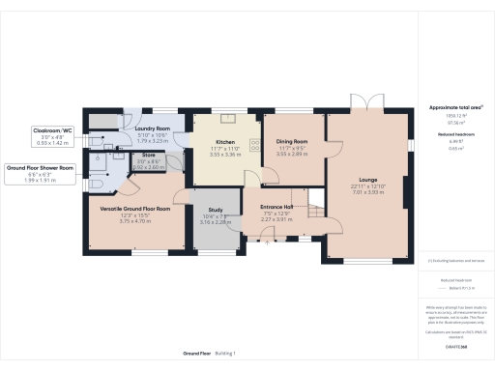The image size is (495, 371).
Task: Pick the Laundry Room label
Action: point(152,128)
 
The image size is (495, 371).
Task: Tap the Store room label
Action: point(149,154)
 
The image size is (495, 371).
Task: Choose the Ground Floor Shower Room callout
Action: point(42,167)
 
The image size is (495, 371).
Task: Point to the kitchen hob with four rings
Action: point(255,144)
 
